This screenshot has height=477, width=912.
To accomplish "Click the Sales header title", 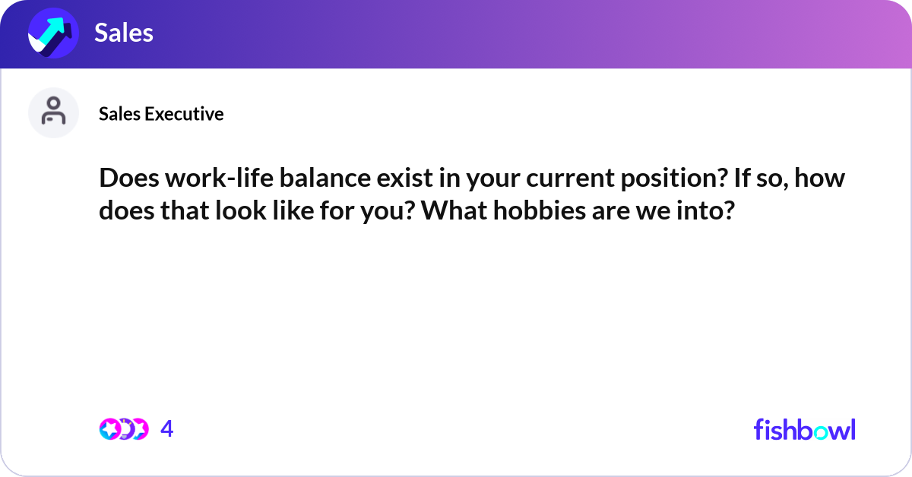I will tap(124, 33).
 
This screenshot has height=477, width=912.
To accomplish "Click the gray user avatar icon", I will tap(53, 112).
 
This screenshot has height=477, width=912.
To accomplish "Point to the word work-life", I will tap(214, 181).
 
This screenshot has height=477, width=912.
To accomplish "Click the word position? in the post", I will tap(673, 181).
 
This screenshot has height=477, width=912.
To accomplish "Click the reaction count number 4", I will tap(167, 429).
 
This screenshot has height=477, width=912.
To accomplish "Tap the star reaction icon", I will tap(109, 429).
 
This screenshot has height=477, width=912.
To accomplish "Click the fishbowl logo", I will tap(804, 429).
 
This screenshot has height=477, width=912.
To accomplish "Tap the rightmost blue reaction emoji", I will tap(140, 429).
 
